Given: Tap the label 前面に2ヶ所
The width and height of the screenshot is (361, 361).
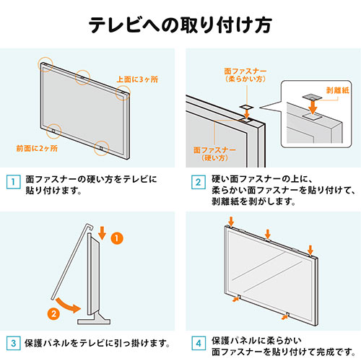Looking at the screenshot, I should point(37,149).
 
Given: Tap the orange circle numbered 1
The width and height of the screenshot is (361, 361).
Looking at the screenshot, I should point(119,236).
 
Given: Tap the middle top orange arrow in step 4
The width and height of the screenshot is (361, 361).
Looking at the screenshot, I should point(268,233).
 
